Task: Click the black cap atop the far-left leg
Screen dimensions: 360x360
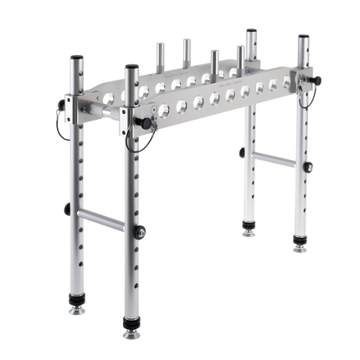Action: coord(75,58)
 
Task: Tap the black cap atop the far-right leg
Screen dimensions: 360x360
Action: coord(303,38)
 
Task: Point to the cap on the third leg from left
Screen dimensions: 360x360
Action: coord(250,31)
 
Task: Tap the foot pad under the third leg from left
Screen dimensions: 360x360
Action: coord(249,229)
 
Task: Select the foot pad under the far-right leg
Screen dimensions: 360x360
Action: coord(299,245)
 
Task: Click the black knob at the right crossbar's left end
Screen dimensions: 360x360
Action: coord(241,152)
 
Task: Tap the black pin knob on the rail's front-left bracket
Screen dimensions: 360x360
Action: coord(147,124)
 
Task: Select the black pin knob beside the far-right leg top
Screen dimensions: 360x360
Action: coord(318,80)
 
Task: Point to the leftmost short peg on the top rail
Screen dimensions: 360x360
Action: coord(156,55)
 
